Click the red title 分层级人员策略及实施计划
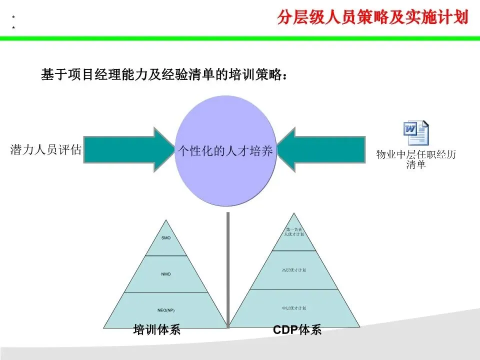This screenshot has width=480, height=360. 372,17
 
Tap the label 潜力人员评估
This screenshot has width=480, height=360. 45,150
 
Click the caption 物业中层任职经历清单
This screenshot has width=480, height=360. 416,159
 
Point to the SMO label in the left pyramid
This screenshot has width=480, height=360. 166,238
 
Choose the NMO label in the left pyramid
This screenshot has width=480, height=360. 166,274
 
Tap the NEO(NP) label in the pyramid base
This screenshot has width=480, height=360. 166,310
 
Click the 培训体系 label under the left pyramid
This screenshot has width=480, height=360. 156,330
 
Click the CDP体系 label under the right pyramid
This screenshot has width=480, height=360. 297,330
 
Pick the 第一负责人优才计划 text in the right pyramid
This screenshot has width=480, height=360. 294,231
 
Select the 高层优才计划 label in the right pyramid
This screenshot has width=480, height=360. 294,270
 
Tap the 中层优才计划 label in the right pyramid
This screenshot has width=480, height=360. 294,308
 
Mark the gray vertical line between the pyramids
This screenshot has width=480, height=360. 228,270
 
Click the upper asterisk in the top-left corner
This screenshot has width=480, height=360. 13,17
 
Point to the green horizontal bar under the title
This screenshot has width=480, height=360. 240,38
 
